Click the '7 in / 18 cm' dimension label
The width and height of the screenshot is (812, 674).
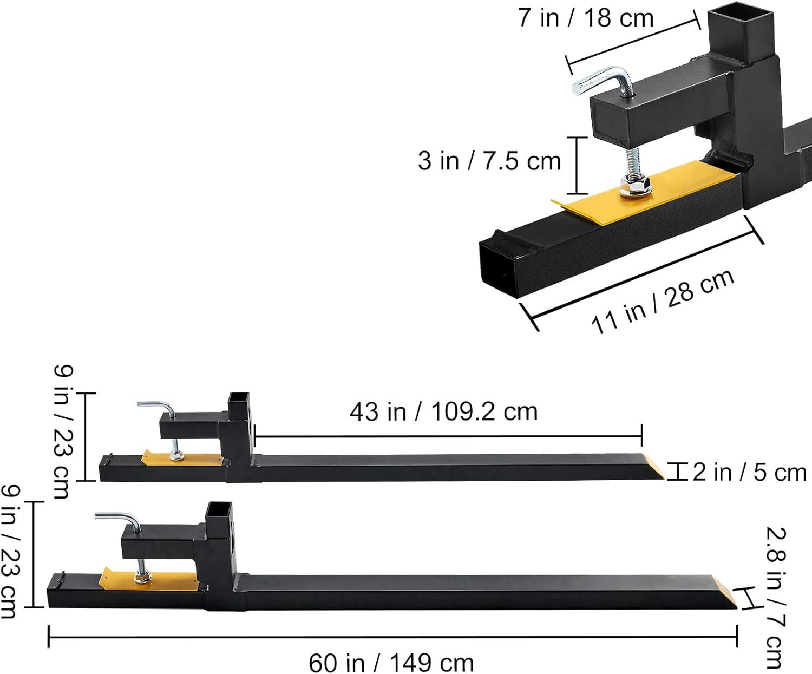coord(586,18)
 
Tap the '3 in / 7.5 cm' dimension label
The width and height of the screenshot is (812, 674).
coord(489,161)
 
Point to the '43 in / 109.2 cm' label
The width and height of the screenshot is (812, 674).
coord(444,411)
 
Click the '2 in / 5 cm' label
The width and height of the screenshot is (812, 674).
coord(749,472)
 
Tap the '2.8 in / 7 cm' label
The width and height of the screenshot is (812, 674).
coord(775,598)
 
